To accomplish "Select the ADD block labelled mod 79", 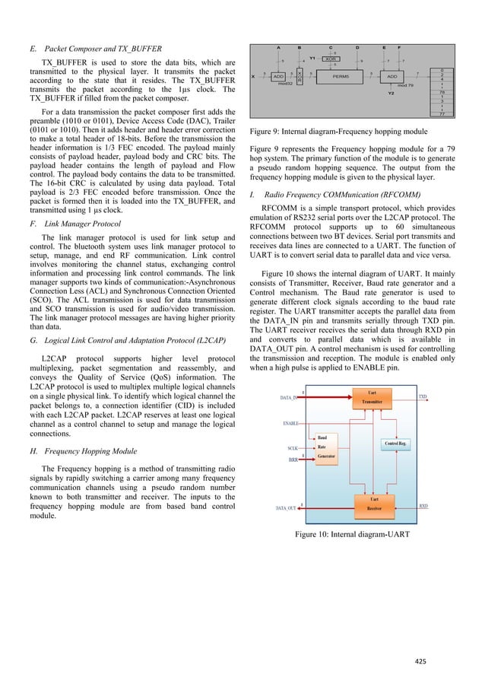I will [392, 76].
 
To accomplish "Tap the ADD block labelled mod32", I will [279, 76].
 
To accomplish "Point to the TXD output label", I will [423, 396].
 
